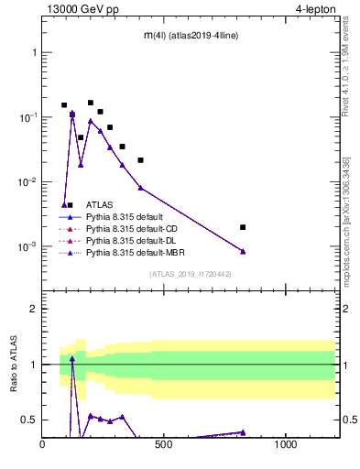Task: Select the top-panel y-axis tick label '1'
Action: coord(34,52)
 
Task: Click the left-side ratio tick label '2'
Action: coord(34,309)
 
